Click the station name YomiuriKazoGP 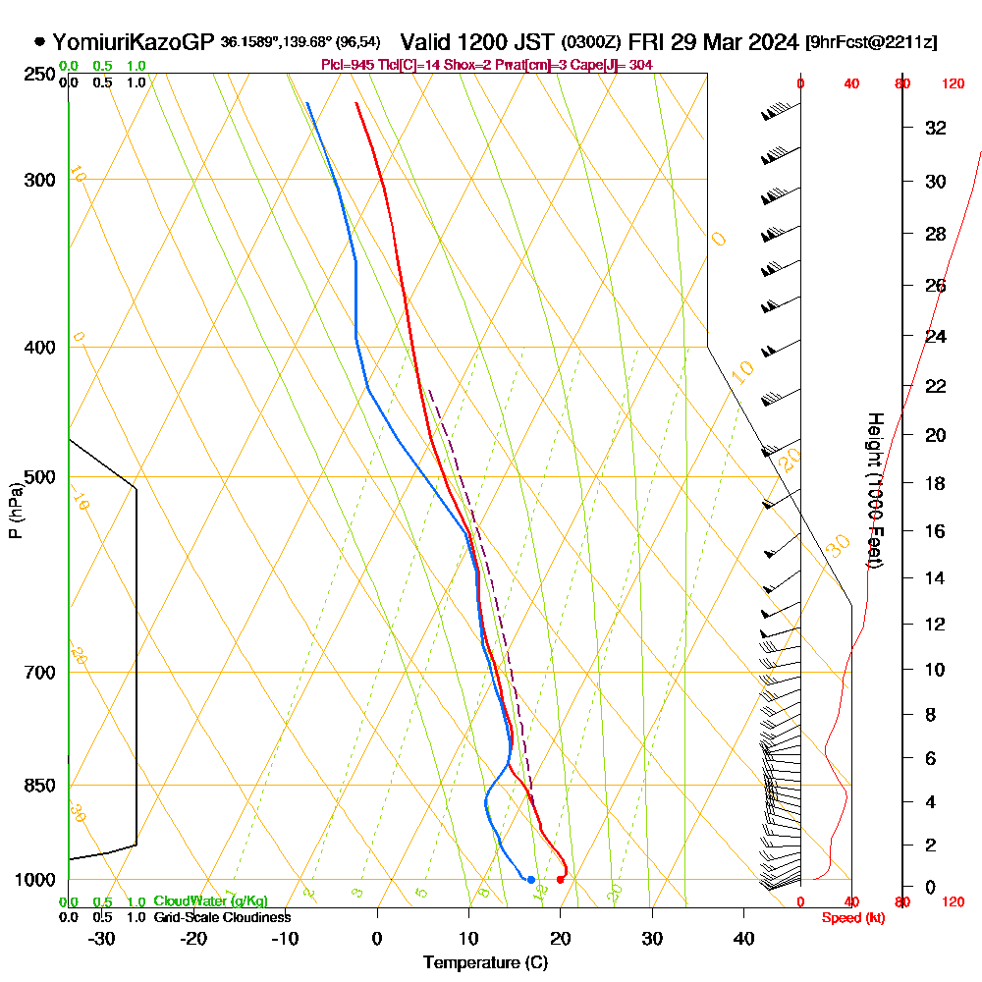pos(133,42)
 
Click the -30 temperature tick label pos(102,938)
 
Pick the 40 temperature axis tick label pos(743,938)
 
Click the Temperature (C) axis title pos(485,963)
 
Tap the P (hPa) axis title pos(15,511)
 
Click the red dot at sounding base pos(560,879)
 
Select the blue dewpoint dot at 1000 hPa pos(530,879)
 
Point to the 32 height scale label pos(936,128)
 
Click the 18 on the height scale pos(936,483)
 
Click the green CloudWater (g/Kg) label pos(210,901)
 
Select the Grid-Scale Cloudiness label pos(222,917)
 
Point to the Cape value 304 pos(641,65)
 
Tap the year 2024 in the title pos(772,42)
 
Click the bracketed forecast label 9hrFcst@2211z pos(870,42)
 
